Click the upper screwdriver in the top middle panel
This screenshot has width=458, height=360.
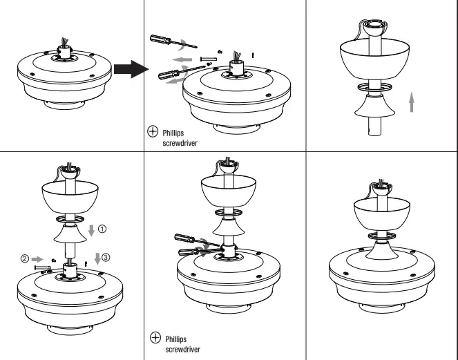pyautogui.click(x=166, y=42)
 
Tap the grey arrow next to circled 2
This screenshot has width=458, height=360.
pyautogui.click(x=36, y=260)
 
